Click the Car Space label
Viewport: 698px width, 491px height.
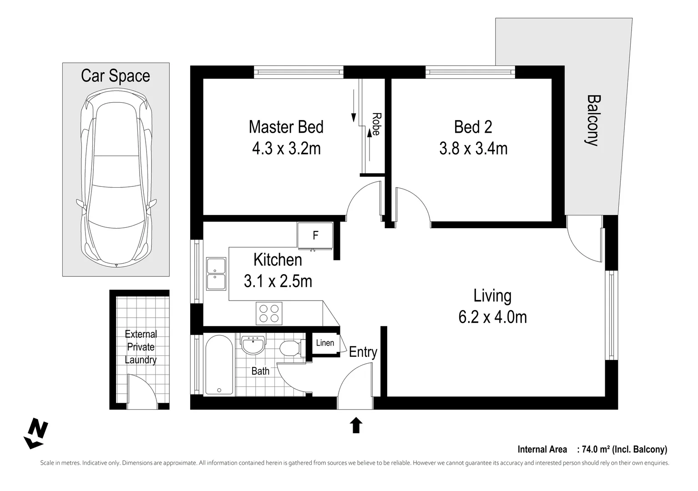pos(115,75)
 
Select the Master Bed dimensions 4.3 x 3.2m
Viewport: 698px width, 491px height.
pos(286,148)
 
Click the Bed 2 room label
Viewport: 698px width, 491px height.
pos(473,127)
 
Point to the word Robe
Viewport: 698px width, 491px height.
pos(376,124)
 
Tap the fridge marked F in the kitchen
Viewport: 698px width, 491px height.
pos(315,236)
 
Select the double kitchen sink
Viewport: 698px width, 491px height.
pos(216,274)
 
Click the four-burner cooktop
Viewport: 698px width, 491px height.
pos(269,313)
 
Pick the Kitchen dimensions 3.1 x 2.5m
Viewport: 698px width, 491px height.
pos(278,281)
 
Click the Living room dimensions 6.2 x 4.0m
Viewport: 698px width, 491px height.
pos(492,317)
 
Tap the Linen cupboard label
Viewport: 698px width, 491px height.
pos(325,343)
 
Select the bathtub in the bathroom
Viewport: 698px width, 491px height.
pos(219,365)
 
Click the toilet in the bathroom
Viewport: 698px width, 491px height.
pos(290,349)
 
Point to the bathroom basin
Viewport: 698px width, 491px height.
pos(253,345)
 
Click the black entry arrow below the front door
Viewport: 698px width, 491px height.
pos(356,425)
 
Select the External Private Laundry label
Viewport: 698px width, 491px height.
pos(141,347)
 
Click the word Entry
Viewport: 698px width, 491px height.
pos(363,352)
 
